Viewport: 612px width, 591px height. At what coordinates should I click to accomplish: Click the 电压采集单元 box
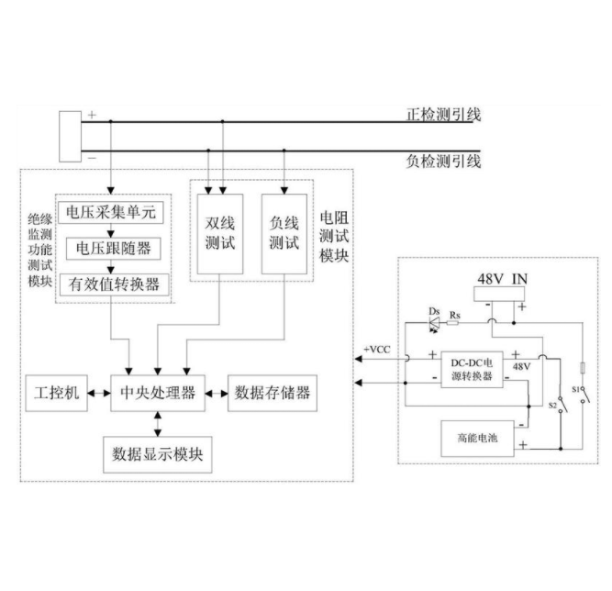[x=113, y=213]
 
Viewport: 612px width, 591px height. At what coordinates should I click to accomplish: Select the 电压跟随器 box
[x=114, y=248]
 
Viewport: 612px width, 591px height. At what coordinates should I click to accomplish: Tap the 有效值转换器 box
[x=114, y=284]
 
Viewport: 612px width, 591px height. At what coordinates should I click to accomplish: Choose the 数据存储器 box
[x=272, y=393]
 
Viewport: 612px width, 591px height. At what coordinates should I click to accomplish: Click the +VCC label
[x=377, y=351]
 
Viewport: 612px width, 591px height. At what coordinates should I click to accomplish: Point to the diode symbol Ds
[x=434, y=320]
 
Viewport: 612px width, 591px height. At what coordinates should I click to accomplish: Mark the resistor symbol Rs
[x=456, y=322]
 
